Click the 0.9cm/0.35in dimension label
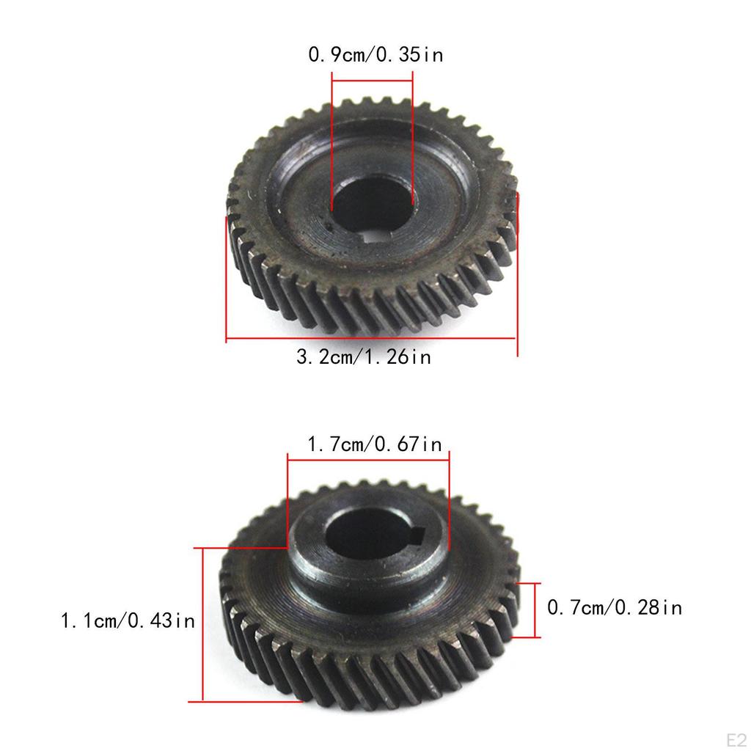tap(375, 55)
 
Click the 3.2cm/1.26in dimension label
tap(363, 358)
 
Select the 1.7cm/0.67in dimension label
tap(374, 444)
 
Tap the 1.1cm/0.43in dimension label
tap(128, 621)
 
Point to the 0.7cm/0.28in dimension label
tap(615, 608)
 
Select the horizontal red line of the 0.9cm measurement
tap(373, 73)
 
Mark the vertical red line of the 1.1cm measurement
tap(202, 623)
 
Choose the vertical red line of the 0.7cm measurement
tap(538, 609)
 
